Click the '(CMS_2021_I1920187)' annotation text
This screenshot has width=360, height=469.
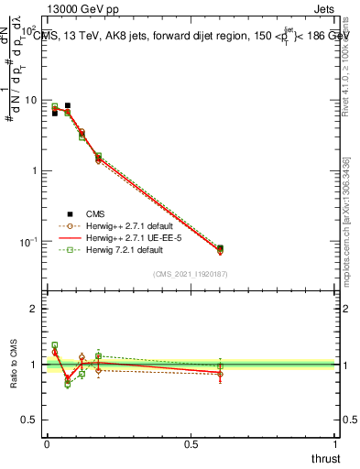191,274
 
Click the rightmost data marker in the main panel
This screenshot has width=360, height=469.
220,248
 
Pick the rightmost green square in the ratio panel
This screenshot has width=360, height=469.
220,366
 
